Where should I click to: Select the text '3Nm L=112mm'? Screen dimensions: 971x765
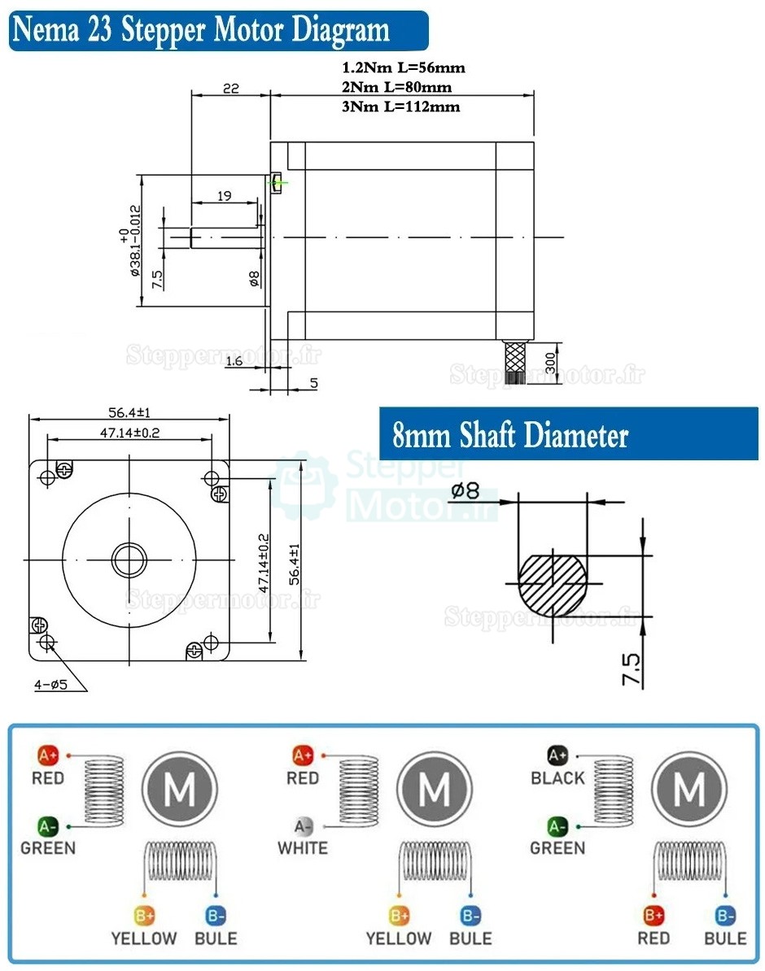click(401, 107)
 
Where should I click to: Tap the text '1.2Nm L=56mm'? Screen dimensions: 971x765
click(404, 68)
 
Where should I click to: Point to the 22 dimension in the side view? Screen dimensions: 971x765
click(230, 89)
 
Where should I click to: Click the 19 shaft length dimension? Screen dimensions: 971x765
click(225, 195)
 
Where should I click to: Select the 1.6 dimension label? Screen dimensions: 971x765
click(234, 362)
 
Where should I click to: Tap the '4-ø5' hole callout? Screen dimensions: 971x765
click(50, 685)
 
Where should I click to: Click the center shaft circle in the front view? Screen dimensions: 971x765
click(129, 560)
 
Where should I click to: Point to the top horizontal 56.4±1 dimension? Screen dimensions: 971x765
click(129, 412)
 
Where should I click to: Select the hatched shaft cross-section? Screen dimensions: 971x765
click(552, 584)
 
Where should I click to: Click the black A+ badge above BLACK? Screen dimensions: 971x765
click(557, 756)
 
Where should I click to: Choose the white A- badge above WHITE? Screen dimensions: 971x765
click(303, 827)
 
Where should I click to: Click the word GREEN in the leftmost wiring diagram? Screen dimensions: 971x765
click(48, 848)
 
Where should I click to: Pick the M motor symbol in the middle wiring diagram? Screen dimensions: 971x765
click(435, 787)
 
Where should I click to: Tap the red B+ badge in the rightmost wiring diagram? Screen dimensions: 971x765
click(654, 916)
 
